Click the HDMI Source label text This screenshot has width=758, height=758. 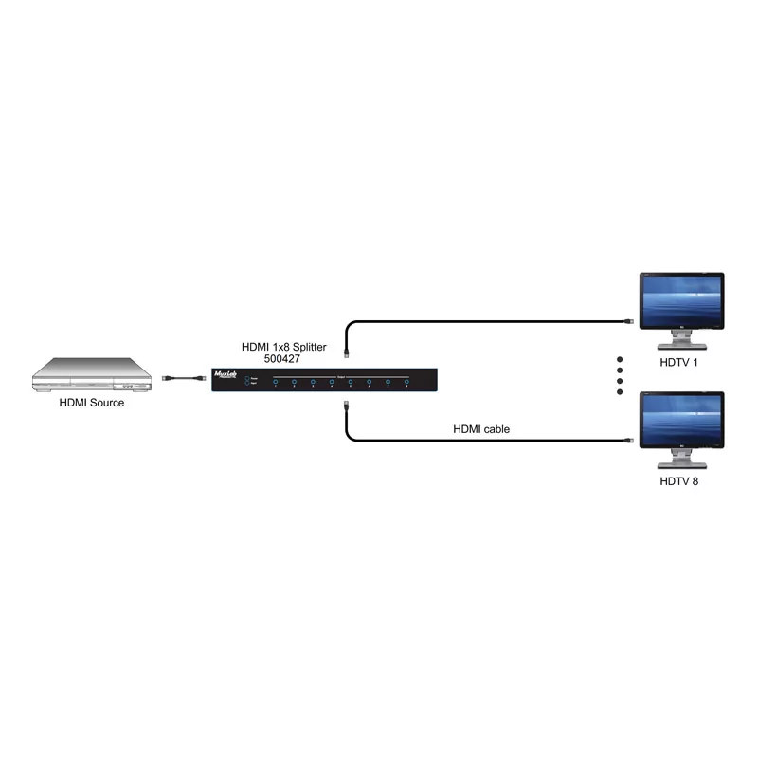click(x=92, y=403)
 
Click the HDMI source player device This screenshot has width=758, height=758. click(x=93, y=376)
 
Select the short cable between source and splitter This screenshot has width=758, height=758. click(x=182, y=379)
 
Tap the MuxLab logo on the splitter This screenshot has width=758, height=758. click(x=227, y=374)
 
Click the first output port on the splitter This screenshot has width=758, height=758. click(x=275, y=383)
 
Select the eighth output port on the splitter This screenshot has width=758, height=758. click(x=406, y=383)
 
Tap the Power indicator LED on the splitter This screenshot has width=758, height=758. click(x=246, y=377)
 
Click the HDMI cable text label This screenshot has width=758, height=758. click(x=481, y=429)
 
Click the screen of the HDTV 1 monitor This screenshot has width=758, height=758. click(x=681, y=301)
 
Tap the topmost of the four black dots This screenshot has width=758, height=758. click(x=621, y=359)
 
